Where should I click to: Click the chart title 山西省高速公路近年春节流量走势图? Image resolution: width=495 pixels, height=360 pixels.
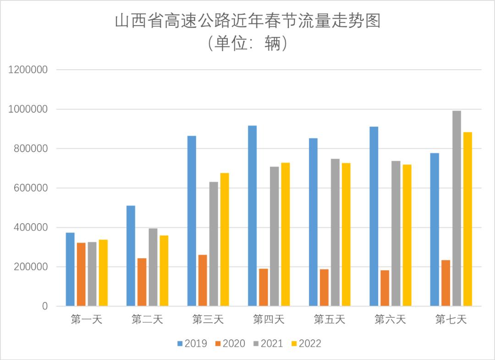pos(247,21)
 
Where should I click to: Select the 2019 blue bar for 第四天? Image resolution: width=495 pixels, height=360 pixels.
pos(253,216)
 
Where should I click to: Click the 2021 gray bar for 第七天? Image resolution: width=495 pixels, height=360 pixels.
pos(456,208)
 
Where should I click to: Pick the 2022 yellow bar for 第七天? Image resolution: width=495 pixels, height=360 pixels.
pos(467,219)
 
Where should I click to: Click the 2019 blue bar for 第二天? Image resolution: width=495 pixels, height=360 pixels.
pos(131,255)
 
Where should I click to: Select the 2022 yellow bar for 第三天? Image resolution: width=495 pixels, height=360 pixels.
pos(225,239)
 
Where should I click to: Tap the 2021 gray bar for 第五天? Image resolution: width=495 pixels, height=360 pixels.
pos(335,232)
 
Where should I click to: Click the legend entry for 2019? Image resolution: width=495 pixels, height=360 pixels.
pos(192,343)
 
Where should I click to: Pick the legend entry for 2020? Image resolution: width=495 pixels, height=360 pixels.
pos(230,343)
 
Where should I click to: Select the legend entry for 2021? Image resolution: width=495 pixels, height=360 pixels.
pos(268,343)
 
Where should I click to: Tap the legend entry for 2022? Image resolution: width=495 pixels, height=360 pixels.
pos(306,343)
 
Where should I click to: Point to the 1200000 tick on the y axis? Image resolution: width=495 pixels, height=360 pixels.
pos(28,70)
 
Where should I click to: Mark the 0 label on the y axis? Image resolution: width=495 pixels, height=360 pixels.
pos(44,306)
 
